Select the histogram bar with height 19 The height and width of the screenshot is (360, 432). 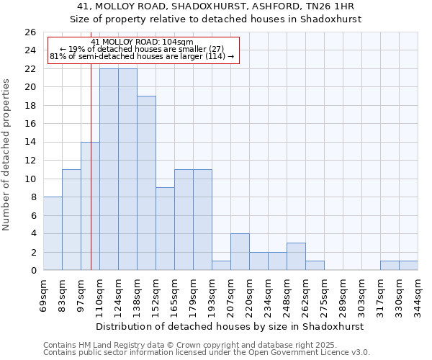(146, 183)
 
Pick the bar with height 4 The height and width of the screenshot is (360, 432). (240, 252)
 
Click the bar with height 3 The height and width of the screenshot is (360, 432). (296, 256)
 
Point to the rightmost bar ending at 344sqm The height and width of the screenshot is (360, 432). (408, 266)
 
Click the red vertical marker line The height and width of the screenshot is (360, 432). (91, 180)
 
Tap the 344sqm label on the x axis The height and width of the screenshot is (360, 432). (418, 294)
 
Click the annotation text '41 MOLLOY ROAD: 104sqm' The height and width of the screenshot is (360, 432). (143, 42)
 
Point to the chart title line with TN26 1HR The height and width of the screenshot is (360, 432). (215, 6)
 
